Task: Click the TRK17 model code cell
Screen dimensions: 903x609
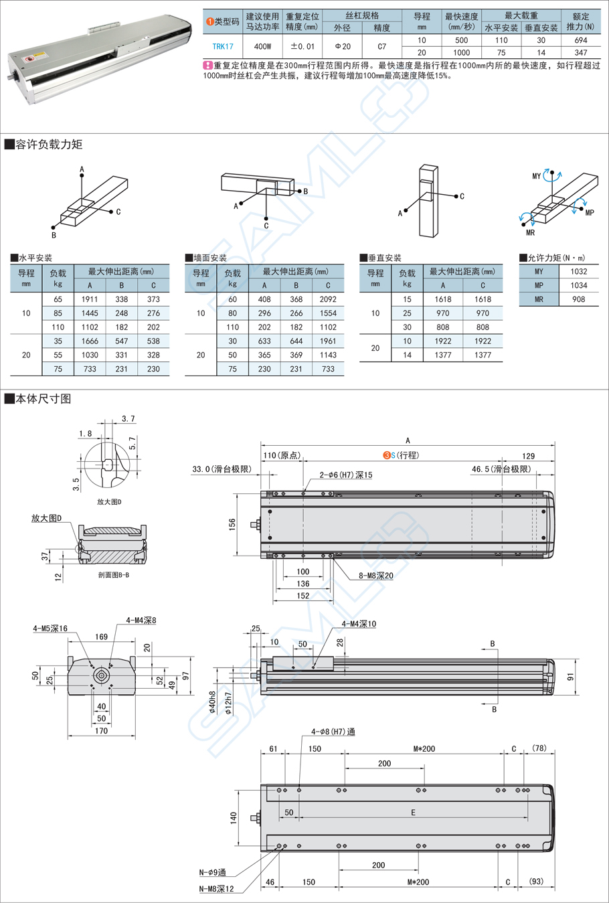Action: click(223, 46)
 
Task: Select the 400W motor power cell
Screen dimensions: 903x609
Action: click(262, 46)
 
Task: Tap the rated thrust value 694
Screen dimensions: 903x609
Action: click(580, 40)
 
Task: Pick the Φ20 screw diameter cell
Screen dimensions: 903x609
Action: click(342, 46)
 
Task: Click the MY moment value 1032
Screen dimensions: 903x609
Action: click(579, 271)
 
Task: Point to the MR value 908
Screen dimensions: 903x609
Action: click(579, 299)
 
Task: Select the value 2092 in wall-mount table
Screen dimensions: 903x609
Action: click(328, 299)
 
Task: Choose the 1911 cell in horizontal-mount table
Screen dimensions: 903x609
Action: click(90, 299)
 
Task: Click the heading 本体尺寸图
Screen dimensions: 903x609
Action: click(43, 399)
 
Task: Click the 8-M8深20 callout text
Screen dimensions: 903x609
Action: click(376, 575)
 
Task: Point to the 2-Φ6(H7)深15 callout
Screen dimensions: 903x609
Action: click(345, 475)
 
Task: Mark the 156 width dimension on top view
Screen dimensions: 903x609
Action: click(232, 524)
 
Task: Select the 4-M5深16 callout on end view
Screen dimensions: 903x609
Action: click(50, 629)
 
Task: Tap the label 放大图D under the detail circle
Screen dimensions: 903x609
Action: click(109, 501)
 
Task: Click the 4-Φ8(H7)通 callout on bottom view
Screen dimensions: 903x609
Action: click(333, 732)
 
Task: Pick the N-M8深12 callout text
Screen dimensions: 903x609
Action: click(216, 889)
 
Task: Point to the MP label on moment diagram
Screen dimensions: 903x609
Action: click(589, 213)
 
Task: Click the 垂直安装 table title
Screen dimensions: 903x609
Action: click(384, 258)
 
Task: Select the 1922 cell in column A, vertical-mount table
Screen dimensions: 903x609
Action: click(442, 341)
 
